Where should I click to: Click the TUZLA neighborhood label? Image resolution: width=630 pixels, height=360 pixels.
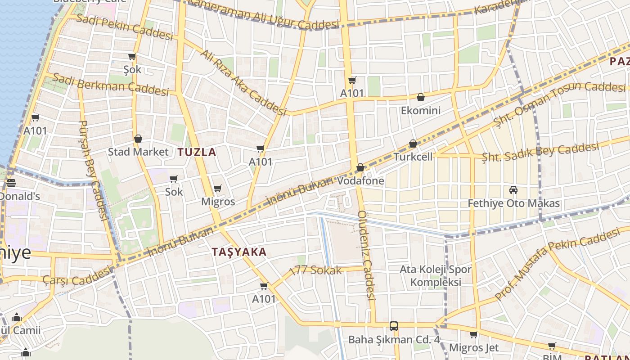[197, 152]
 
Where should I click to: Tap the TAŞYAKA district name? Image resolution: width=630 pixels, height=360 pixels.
[239, 252]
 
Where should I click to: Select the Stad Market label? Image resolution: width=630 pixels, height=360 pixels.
[138, 152]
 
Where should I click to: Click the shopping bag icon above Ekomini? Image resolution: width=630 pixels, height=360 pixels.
[421, 97]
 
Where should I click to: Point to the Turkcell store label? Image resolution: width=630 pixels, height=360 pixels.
[413, 157]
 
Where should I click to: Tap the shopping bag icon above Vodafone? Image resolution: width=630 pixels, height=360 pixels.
[360, 168]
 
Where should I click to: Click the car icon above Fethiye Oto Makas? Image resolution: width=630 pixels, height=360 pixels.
[513, 190]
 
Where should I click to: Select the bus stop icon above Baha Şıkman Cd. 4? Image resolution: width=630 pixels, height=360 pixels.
[394, 326]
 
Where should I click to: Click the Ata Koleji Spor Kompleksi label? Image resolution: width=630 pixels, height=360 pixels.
[436, 276]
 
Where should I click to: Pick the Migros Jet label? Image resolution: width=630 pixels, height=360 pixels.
[474, 348]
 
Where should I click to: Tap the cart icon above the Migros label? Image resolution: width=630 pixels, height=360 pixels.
[218, 188]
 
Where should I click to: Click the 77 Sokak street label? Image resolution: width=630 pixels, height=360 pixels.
[316, 270]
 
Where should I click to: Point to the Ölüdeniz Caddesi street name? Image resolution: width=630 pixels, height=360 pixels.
[366, 255]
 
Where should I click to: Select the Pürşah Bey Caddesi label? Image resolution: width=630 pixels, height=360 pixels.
[93, 170]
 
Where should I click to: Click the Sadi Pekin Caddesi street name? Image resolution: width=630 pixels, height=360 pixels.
[125, 27]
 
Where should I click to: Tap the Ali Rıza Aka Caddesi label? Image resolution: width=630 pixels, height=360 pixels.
[243, 82]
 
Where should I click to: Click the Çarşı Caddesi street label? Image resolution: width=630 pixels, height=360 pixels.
[76, 275]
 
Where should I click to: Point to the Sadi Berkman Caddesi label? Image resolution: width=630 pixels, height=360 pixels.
[110, 84]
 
